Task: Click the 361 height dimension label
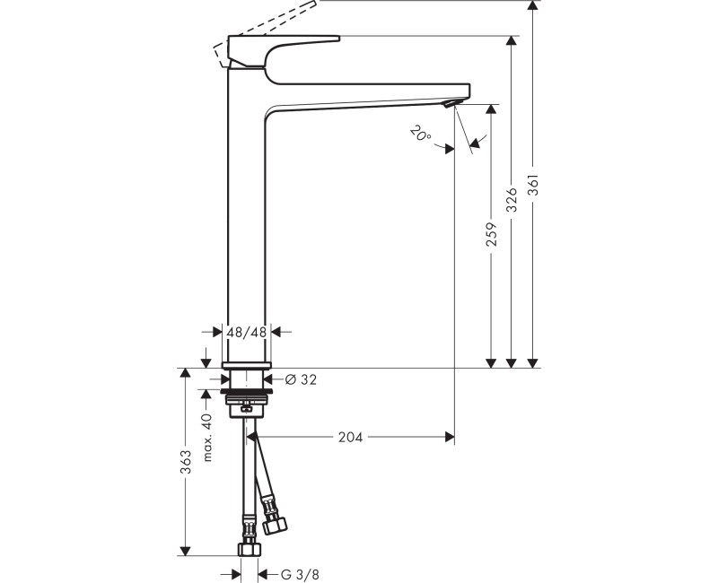(x=534, y=185)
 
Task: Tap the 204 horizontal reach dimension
(x=350, y=438)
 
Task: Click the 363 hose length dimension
(x=186, y=462)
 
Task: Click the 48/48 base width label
(x=247, y=332)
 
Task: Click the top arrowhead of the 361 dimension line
(x=534, y=5)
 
